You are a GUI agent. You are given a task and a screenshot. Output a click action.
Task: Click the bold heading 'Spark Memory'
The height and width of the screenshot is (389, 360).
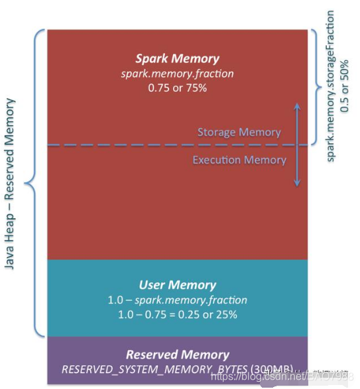177,59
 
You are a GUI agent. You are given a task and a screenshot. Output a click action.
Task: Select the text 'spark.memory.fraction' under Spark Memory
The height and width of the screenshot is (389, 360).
177,73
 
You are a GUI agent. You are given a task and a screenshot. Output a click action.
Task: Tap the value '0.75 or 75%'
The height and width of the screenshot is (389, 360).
177,87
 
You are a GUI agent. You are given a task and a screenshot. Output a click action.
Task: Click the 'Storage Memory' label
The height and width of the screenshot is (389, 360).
239,133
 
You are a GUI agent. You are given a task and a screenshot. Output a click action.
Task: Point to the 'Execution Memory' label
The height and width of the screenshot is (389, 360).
239,160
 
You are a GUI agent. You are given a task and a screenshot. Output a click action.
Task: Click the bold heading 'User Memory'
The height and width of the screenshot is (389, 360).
177,285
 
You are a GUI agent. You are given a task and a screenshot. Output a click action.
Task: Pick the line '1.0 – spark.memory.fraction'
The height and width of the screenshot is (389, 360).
177,300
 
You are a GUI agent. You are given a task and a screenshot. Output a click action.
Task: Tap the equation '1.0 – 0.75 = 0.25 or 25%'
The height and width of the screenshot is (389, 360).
177,314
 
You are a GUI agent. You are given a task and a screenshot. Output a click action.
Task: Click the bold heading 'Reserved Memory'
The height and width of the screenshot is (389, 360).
177,355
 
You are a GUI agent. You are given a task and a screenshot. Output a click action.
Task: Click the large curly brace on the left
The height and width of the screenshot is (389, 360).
32,182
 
